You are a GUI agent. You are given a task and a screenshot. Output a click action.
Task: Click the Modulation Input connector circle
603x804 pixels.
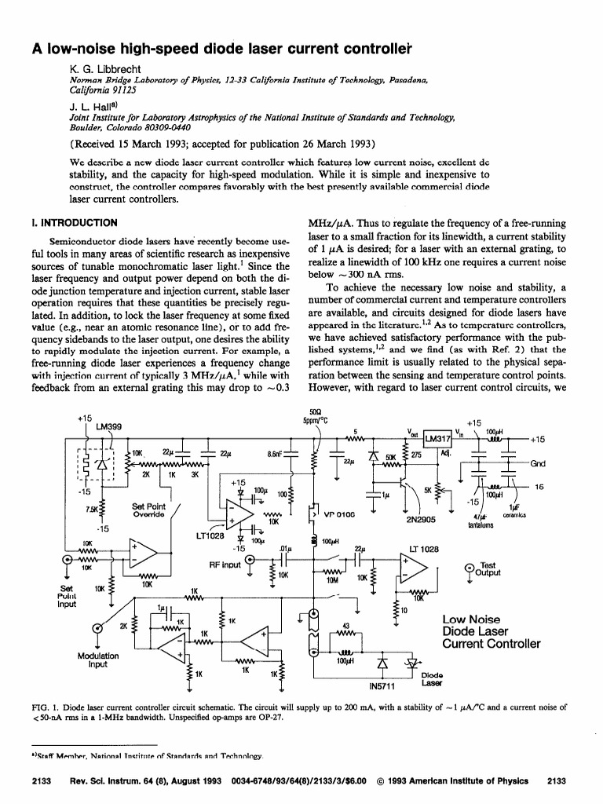pos(98,627)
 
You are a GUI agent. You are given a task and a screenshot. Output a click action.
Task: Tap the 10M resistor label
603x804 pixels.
pos(332,581)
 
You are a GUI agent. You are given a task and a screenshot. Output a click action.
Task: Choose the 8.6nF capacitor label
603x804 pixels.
pos(276,453)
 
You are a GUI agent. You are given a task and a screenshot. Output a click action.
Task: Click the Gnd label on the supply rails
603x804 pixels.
pos(539,463)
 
